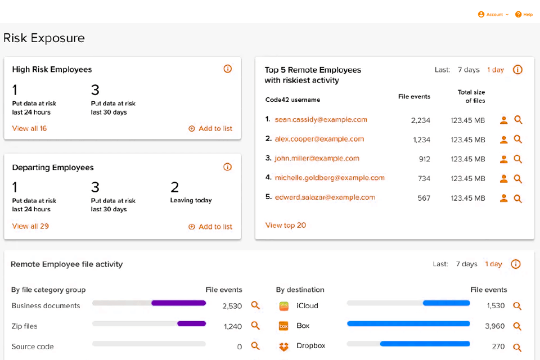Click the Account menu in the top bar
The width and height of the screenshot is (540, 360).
[x=493, y=15]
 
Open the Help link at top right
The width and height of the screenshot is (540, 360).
[x=524, y=15]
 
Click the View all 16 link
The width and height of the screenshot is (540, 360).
[x=29, y=128]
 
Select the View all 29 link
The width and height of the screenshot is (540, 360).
[x=30, y=226]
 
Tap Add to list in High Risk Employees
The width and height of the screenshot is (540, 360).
[x=210, y=128]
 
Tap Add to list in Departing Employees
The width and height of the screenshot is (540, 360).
[x=210, y=227]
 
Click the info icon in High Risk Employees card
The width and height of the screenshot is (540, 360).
[x=227, y=69]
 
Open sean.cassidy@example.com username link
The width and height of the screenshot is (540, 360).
[x=321, y=119]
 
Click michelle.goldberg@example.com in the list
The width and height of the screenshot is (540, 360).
[x=329, y=178]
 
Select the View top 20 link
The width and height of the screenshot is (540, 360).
[x=286, y=225]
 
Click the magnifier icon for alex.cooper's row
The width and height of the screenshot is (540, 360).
[x=518, y=139]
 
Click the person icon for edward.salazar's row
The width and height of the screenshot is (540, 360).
[x=504, y=198]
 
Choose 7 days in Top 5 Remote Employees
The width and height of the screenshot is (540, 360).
[x=468, y=70]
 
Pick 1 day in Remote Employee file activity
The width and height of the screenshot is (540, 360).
[x=493, y=264]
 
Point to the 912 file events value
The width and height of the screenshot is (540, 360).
[x=424, y=159]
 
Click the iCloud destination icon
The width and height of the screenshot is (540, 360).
[x=284, y=306]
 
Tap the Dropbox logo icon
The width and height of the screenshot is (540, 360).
[x=284, y=346]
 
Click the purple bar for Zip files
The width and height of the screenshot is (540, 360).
[x=191, y=323]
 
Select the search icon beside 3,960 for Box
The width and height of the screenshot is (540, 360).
[x=517, y=326]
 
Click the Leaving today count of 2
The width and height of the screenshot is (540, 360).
[x=174, y=187]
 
